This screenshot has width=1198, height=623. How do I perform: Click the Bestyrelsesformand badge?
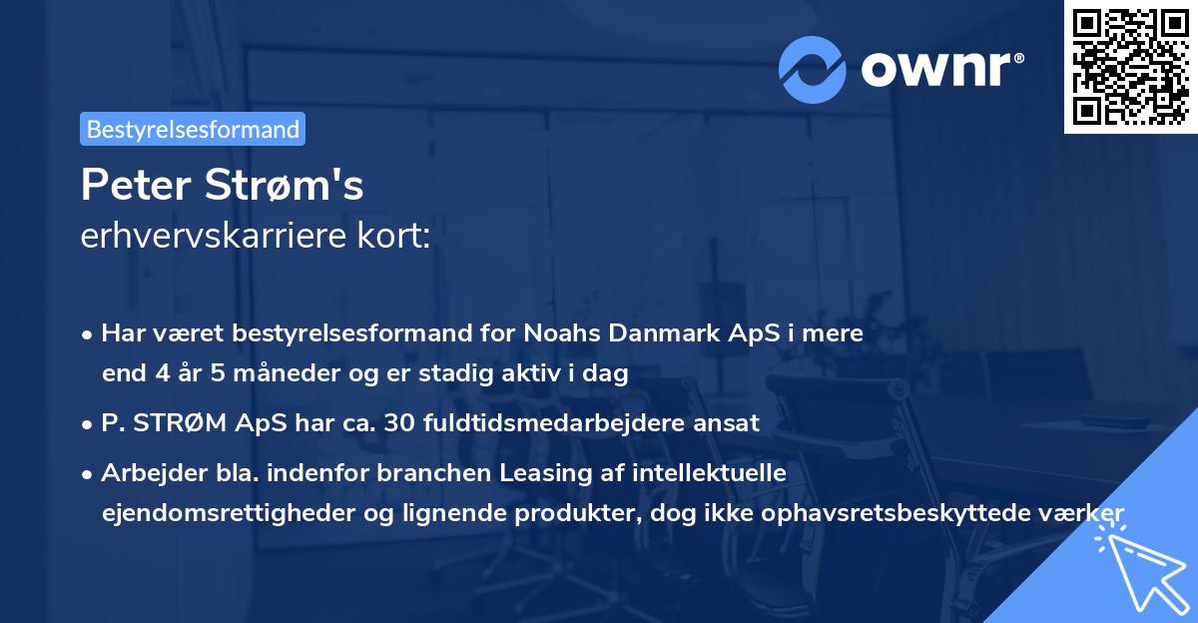click(x=193, y=129)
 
